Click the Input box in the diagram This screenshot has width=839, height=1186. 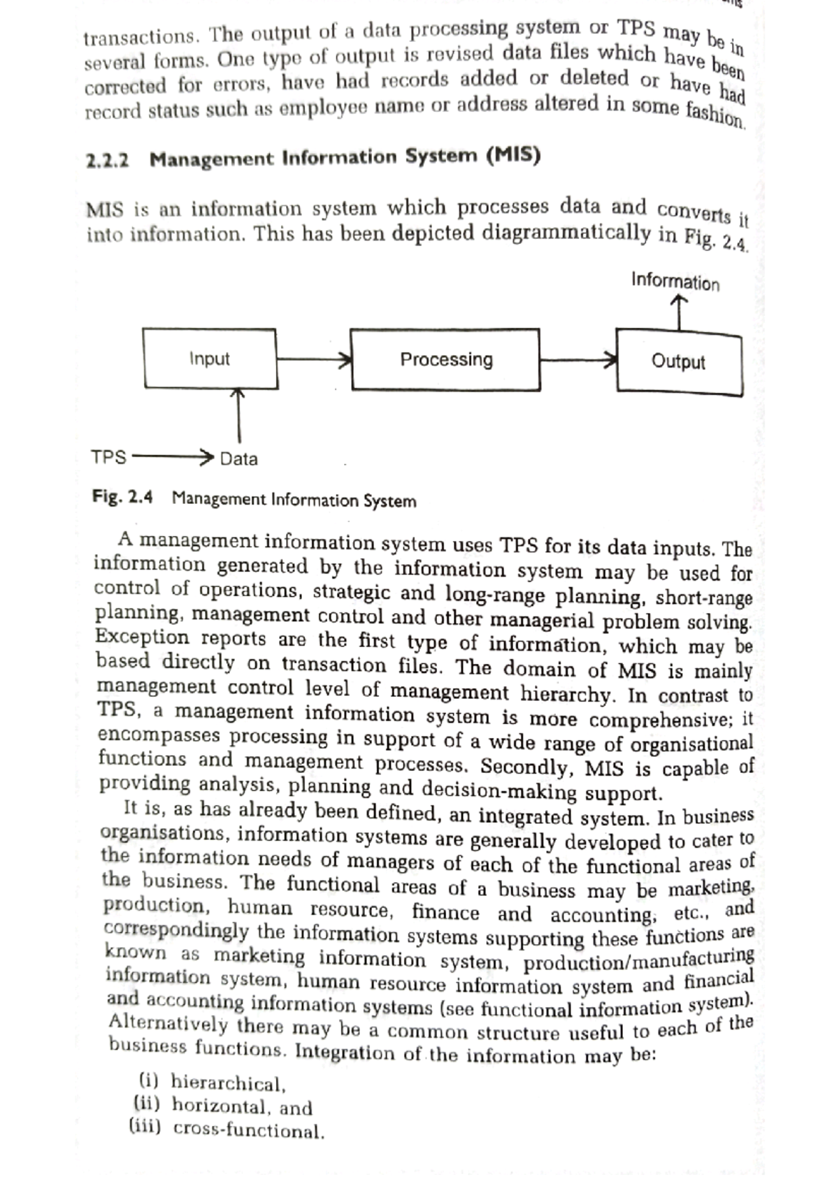tap(210, 359)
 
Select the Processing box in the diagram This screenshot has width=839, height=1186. tap(445, 359)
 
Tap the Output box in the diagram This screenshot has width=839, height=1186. tap(678, 361)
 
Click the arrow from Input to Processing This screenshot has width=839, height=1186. tap(313, 360)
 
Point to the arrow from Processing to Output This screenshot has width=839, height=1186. tap(578, 361)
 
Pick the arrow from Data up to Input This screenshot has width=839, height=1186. tap(239, 418)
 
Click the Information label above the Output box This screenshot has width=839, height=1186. tap(675, 282)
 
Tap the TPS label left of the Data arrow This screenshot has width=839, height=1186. tap(108, 458)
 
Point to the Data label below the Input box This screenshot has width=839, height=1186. tap(239, 459)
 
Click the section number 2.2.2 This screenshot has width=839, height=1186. tap(108, 160)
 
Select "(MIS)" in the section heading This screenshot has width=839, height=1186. tap(513, 154)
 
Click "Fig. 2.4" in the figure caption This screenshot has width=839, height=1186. tap(122, 497)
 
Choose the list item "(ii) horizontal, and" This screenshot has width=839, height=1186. tap(223, 1106)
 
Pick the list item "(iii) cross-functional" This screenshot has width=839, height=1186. tap(228, 1129)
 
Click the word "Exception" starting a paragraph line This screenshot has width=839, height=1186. tap(143, 637)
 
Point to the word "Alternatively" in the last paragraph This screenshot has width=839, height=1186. tap(168, 1024)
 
